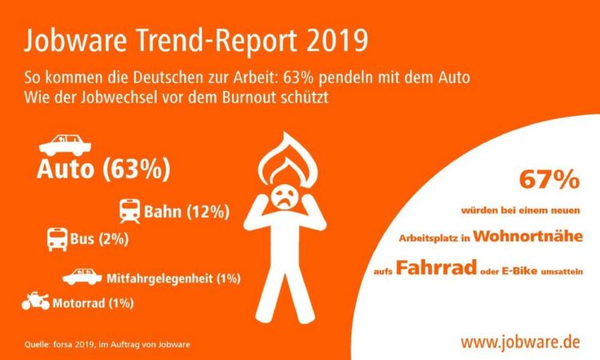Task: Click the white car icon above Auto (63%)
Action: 64,145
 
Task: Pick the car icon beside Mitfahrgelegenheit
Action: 82,277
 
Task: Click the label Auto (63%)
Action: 103,170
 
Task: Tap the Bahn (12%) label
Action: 187,212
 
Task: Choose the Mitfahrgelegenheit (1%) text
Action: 173,278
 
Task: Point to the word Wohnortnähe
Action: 532,235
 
